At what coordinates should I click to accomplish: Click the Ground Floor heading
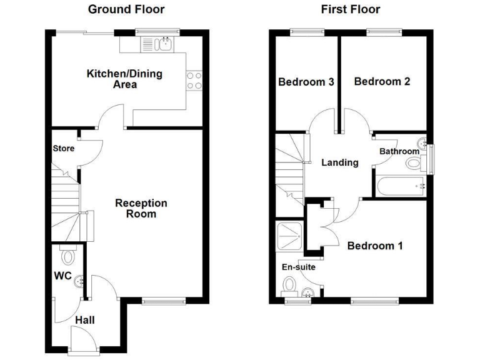(126, 9)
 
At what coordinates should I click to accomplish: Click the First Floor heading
(351, 9)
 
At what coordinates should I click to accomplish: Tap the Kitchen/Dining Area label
(124, 79)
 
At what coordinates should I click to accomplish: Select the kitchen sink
(157, 44)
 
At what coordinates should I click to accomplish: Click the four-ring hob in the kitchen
(194, 81)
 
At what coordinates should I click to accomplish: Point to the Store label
(63, 148)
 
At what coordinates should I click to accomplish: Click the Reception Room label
(141, 208)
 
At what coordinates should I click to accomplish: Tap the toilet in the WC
(67, 256)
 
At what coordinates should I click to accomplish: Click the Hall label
(85, 320)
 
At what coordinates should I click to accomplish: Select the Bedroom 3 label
(306, 82)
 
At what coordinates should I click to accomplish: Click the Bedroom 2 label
(382, 81)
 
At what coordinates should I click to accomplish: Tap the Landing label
(339, 162)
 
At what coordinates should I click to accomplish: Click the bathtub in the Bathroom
(401, 185)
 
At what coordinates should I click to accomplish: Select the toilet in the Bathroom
(413, 164)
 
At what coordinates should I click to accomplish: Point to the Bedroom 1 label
(375, 246)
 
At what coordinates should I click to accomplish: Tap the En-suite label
(298, 267)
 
